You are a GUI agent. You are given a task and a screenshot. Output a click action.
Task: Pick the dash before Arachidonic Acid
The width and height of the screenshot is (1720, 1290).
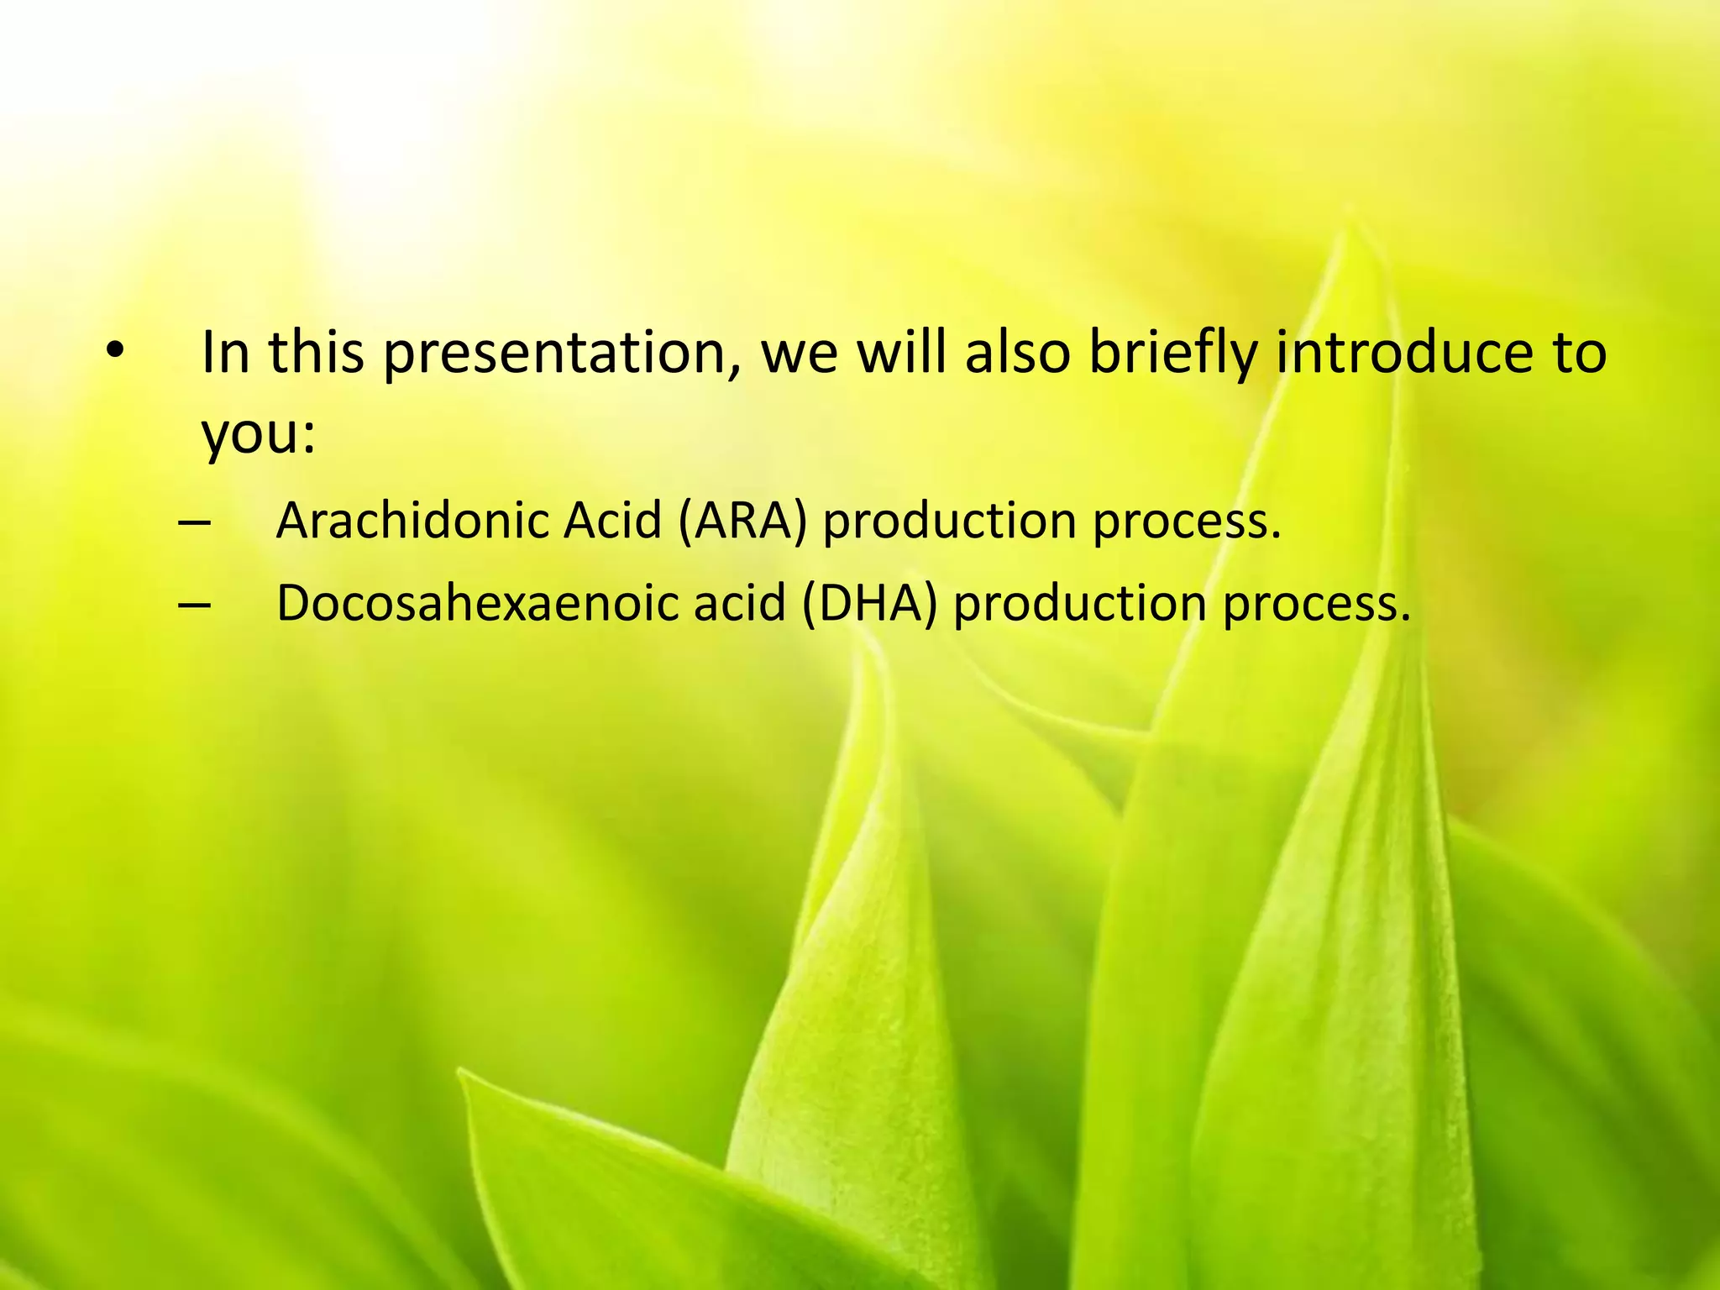click(x=194, y=522)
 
